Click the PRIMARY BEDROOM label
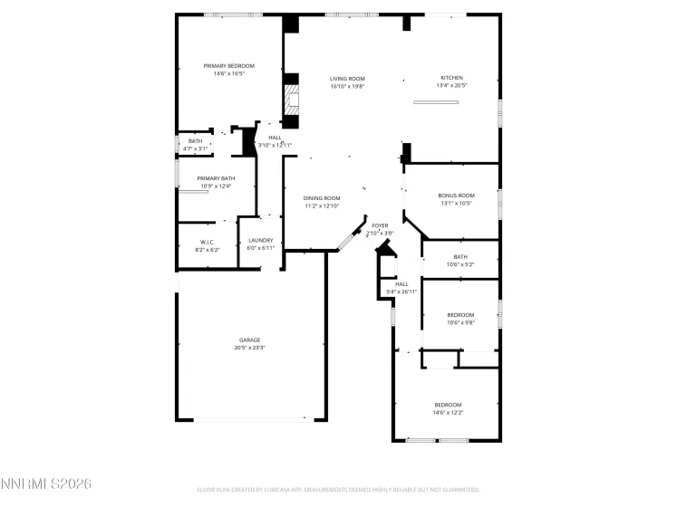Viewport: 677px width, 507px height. (228, 66)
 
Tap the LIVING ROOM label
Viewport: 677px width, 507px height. (346, 79)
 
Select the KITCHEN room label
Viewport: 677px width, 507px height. (451, 79)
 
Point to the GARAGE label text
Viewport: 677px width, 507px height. (249, 340)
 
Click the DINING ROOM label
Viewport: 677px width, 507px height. (322, 198)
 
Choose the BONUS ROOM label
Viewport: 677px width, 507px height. (456, 196)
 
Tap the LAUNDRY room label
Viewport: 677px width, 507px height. (261, 241)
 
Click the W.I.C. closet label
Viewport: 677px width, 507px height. (207, 242)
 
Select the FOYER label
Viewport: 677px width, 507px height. (380, 225)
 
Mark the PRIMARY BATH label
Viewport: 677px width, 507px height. (216, 178)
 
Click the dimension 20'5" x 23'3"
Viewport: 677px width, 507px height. (249, 348)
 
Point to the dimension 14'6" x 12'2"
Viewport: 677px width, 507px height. (448, 412)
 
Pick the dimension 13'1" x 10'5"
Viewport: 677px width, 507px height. (456, 203)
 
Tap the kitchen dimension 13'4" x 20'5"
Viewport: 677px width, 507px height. (451, 86)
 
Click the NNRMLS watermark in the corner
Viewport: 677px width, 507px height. (46, 484)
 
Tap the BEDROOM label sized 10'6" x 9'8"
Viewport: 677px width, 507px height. (460, 315)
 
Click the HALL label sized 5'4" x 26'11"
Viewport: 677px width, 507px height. (401, 284)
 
